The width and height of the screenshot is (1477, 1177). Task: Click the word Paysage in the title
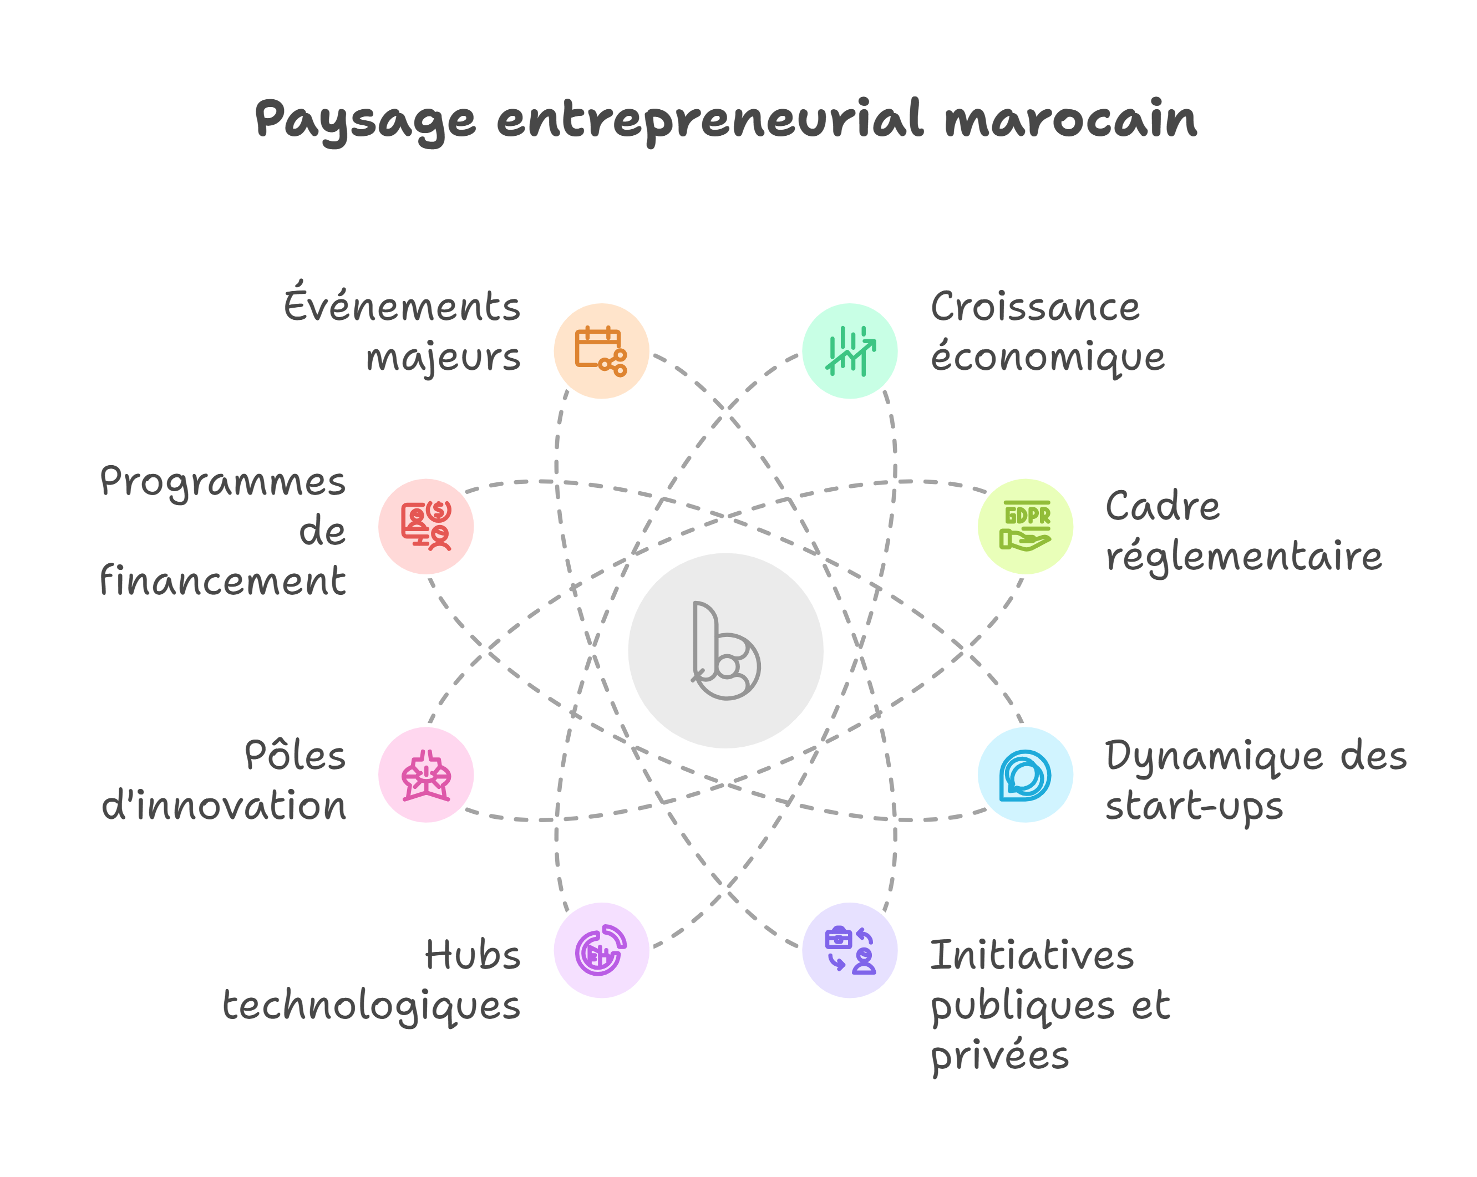point(365,120)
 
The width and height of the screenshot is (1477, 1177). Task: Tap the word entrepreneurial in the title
point(710,120)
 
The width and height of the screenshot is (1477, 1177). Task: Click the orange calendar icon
point(601,350)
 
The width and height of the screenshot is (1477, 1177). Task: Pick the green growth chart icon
point(850,350)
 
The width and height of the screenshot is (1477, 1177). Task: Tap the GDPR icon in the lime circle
point(1025,526)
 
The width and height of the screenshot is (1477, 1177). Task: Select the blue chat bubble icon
point(1025,775)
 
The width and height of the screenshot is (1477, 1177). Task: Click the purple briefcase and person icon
point(850,950)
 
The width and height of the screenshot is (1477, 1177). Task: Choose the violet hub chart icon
point(601,950)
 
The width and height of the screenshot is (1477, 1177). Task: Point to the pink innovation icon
point(425,775)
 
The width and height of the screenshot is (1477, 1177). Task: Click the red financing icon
point(425,526)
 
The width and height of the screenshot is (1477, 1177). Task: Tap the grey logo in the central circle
point(725,650)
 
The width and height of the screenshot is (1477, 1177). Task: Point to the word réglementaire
point(1243,557)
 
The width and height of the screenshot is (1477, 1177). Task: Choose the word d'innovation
point(224,806)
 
